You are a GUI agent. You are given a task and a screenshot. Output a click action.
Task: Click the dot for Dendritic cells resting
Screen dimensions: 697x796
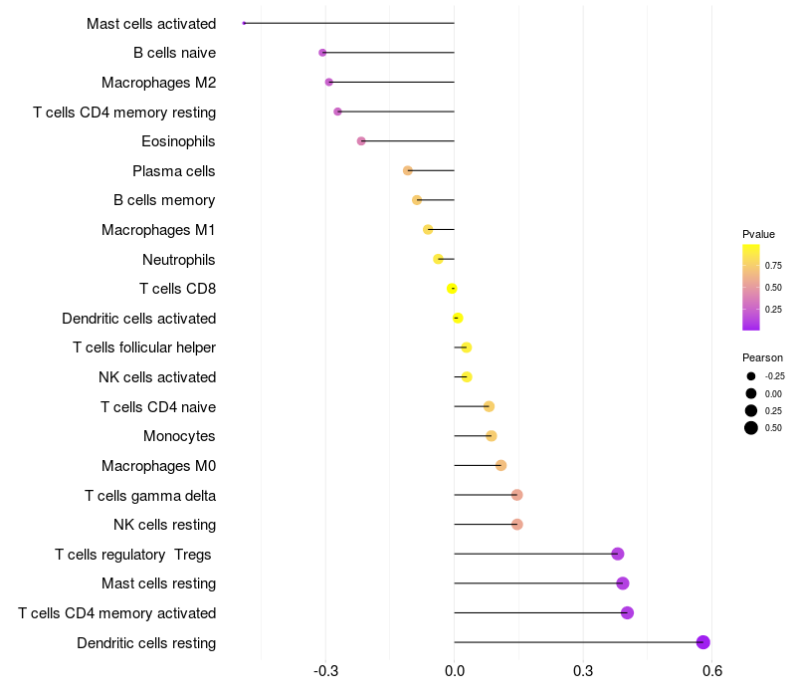pyautogui.click(x=703, y=642)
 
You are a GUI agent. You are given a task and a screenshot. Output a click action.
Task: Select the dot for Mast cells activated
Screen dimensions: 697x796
pyautogui.click(x=244, y=23)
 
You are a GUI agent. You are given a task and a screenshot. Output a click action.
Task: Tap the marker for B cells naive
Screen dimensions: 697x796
pyautogui.click(x=322, y=53)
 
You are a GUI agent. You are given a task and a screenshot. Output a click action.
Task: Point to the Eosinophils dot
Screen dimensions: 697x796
pyautogui.click(x=361, y=141)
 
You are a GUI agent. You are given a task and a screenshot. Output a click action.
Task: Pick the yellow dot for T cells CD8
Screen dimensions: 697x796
pyautogui.click(x=453, y=289)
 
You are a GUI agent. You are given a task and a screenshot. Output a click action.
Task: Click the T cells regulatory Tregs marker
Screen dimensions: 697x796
pyautogui.click(x=618, y=554)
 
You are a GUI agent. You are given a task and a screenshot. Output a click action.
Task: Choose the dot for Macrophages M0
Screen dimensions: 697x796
pyautogui.click(x=500, y=465)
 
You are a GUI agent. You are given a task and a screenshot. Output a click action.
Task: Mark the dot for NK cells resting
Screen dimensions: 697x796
pyautogui.click(x=516, y=525)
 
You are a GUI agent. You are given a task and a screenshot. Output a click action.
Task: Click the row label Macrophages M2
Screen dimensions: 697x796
pyautogui.click(x=158, y=82)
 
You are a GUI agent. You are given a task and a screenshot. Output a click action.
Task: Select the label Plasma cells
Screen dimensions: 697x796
pyautogui.click(x=174, y=171)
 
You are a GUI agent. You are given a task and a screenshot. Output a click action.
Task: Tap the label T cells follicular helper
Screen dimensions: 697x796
pyautogui.click(x=144, y=348)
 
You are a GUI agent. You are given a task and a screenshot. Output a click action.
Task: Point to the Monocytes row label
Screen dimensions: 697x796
pyautogui.click(x=179, y=436)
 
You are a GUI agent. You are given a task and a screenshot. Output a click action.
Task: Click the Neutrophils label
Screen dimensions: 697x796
pyautogui.click(x=179, y=260)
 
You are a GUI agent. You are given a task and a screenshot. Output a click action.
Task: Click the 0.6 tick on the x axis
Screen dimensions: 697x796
pyautogui.click(x=711, y=671)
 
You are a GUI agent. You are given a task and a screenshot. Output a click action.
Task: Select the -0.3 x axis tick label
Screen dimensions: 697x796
pyautogui.click(x=325, y=671)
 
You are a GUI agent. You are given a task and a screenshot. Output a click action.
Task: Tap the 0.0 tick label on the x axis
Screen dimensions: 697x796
pyautogui.click(x=455, y=671)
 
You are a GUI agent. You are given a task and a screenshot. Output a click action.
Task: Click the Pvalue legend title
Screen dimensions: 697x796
pyautogui.click(x=758, y=234)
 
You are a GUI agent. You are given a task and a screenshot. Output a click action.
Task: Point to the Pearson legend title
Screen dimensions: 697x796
pyautogui.click(x=762, y=357)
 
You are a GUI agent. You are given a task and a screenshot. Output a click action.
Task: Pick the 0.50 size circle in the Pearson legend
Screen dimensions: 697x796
pyautogui.click(x=751, y=428)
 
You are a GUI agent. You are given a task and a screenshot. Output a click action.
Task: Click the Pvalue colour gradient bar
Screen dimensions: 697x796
pyautogui.click(x=751, y=287)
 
